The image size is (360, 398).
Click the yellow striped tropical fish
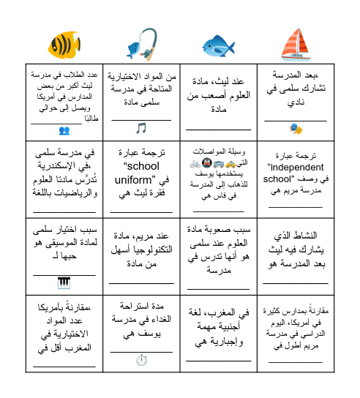(x=64, y=45)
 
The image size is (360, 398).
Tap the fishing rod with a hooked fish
(x=141, y=44)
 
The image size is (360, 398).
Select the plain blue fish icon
(x=218, y=45)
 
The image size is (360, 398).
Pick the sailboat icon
(x=296, y=44)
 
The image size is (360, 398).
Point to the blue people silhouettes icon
(x=64, y=130)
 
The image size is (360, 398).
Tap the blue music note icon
(x=141, y=128)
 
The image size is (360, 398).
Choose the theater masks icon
(x=296, y=129)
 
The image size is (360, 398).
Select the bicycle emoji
(x=195, y=165)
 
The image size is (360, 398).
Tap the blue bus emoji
(x=219, y=165)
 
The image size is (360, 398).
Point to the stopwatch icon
(x=141, y=359)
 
